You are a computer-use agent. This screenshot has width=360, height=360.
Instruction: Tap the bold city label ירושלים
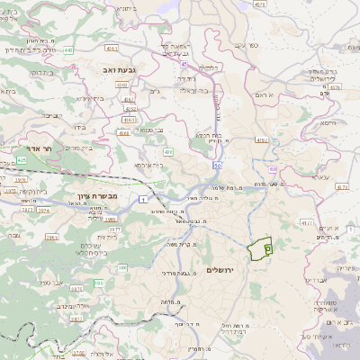(x=220, y=271)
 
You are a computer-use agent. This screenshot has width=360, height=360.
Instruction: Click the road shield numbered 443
(x=68, y=50)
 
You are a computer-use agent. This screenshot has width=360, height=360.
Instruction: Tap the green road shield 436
(x=168, y=152)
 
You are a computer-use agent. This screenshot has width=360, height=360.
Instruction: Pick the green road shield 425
(x=21, y=159)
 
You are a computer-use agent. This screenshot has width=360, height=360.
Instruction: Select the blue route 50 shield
(x=217, y=166)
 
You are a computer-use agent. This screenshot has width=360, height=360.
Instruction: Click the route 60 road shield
(x=272, y=168)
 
